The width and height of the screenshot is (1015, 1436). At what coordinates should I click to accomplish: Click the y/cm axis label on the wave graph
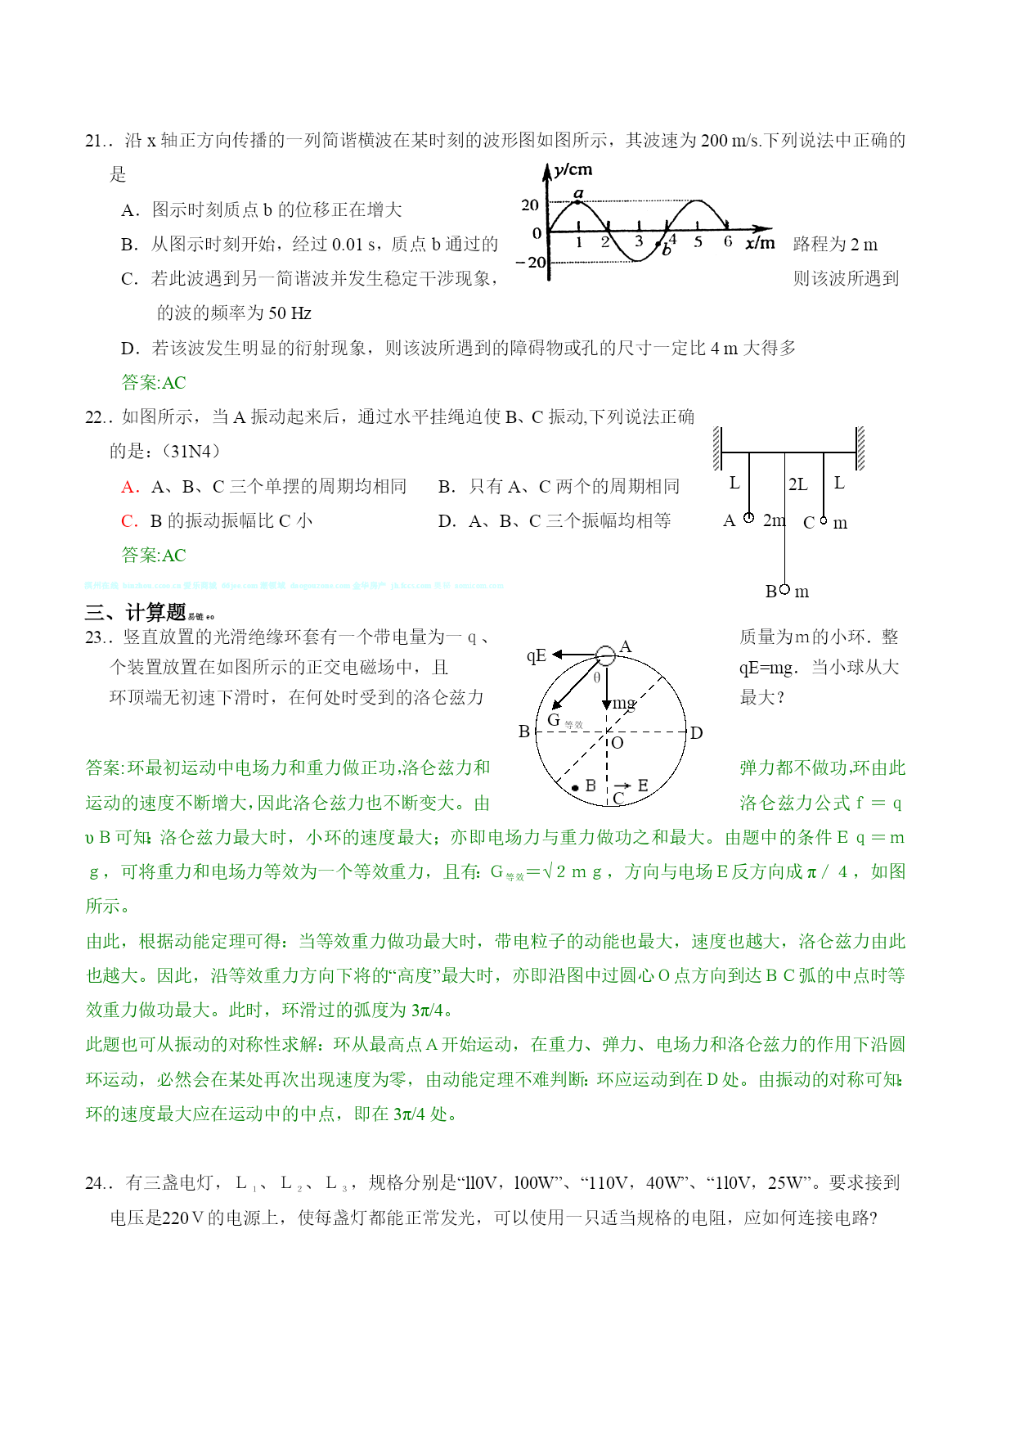(x=573, y=170)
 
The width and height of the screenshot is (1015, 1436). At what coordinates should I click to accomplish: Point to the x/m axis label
(x=760, y=243)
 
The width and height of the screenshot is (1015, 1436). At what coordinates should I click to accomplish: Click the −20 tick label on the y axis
(x=531, y=263)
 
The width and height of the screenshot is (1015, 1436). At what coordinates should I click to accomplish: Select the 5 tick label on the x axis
(x=698, y=242)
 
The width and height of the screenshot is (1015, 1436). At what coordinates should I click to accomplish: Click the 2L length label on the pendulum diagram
(x=797, y=484)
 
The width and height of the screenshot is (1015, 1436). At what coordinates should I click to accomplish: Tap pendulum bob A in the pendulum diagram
(x=748, y=518)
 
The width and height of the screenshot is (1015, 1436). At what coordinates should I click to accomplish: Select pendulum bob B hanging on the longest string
(x=784, y=589)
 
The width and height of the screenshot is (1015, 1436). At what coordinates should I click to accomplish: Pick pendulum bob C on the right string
(x=824, y=520)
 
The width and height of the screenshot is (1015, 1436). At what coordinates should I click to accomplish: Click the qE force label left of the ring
(x=537, y=655)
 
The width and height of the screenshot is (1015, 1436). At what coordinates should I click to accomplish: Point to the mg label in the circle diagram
(x=624, y=703)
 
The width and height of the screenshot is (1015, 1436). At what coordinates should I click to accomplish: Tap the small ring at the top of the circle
(x=605, y=655)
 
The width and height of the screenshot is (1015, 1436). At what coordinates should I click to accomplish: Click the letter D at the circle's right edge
(x=697, y=733)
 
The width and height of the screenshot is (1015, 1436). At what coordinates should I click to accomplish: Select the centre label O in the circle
(x=618, y=743)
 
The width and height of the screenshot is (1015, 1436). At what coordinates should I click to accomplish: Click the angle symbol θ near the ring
(x=597, y=677)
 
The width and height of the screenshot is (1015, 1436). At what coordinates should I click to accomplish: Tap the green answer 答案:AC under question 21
(x=154, y=382)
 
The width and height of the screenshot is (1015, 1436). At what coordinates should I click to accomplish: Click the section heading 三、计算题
(x=136, y=612)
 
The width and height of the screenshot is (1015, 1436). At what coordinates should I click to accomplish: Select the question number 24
(x=95, y=1183)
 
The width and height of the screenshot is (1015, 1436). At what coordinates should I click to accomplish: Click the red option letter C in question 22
(x=128, y=521)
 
